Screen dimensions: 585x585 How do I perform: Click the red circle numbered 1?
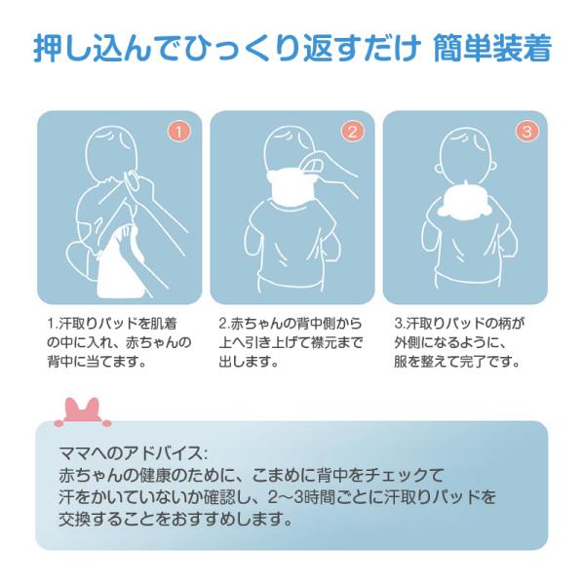178,132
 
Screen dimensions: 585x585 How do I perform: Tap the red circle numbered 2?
352,132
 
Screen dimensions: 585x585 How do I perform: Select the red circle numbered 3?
526,132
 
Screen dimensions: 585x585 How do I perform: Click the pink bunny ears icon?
83,411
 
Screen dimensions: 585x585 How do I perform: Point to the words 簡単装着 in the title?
492,48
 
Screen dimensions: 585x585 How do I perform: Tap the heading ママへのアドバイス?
133,453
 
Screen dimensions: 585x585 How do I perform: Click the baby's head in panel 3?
468,157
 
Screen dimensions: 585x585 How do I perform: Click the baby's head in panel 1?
111,154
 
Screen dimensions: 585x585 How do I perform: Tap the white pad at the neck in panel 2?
291,185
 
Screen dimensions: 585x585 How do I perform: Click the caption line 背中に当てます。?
97,361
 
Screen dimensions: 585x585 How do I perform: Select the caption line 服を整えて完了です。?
456,361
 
